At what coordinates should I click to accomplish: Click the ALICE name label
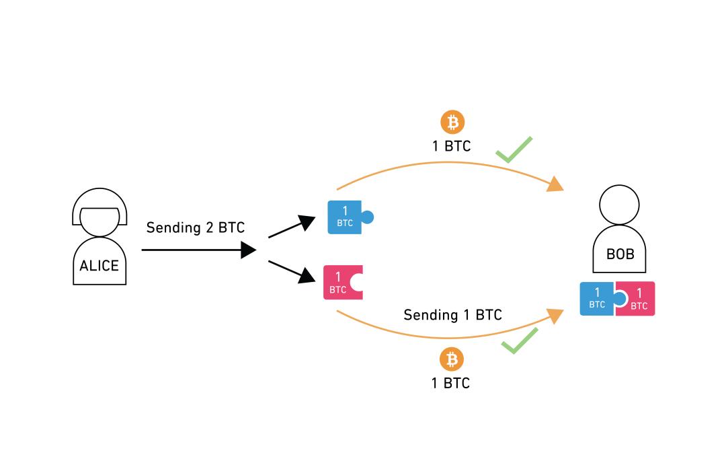99,265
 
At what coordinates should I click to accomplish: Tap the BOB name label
620,254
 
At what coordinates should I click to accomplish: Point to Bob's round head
619,204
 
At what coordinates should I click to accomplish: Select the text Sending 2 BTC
196,227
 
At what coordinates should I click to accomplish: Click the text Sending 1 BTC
452,314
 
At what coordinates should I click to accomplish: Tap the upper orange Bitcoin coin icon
452,122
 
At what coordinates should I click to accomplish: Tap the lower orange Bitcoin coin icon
452,359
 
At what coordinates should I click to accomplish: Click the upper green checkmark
514,149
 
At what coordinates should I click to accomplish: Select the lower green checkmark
519,341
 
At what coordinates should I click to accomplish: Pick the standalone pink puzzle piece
341,283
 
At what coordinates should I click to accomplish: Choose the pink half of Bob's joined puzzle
638,299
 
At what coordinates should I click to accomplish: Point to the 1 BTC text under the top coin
451,146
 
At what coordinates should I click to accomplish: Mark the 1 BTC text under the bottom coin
450,383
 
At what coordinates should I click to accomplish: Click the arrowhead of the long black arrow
249,250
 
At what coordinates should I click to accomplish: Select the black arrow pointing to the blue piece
292,227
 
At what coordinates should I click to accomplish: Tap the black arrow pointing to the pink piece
292,270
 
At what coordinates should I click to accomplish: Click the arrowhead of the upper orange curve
555,184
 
